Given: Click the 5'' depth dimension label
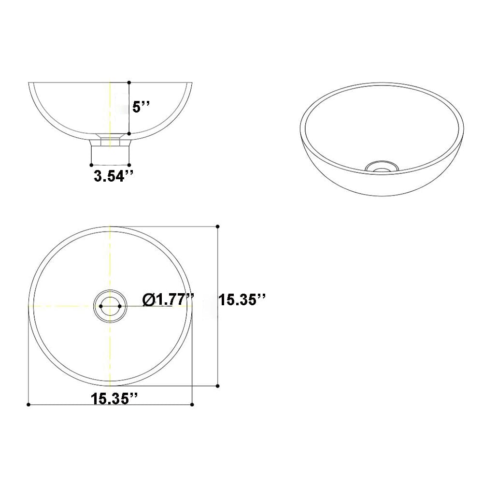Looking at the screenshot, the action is [x=141, y=107].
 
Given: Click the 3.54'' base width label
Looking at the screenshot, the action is [x=114, y=176].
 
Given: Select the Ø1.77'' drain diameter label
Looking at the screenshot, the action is [x=168, y=300].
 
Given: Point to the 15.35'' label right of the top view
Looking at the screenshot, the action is [x=242, y=300].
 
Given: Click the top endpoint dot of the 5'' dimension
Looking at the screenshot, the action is [x=129, y=83].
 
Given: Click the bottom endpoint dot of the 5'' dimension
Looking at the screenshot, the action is [x=129, y=134].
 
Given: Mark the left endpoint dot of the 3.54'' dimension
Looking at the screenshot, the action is [x=91, y=165].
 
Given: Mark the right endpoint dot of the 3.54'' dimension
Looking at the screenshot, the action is [x=129, y=165].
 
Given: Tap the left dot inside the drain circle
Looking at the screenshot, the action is [x=101, y=306].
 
